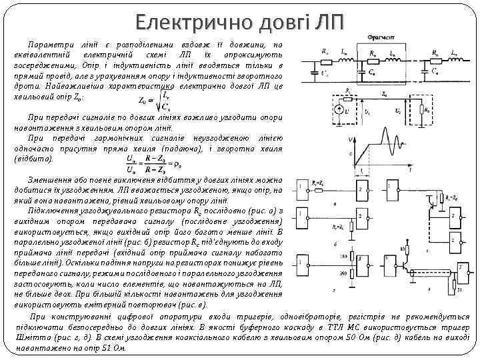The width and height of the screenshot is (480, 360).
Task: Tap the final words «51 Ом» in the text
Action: coord(109,348)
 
